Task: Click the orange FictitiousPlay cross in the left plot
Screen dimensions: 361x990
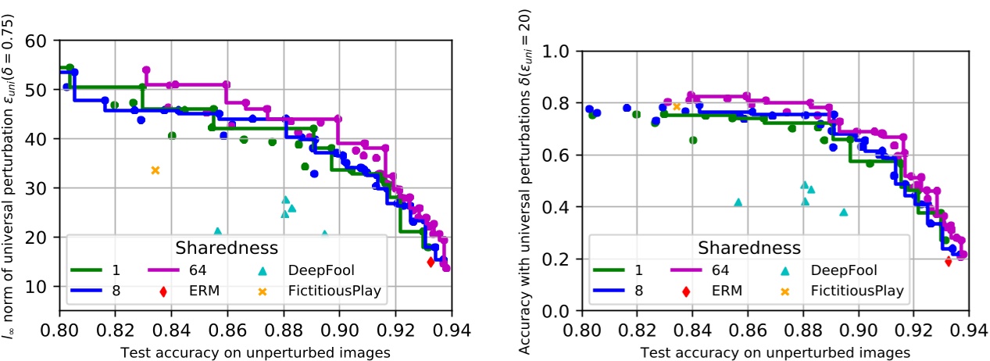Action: click(155, 170)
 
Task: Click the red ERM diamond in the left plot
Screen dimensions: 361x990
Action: click(431, 262)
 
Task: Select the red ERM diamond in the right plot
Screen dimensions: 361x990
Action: click(948, 262)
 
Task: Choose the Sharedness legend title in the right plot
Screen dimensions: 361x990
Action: click(749, 248)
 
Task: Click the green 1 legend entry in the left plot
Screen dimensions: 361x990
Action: click(102, 270)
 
